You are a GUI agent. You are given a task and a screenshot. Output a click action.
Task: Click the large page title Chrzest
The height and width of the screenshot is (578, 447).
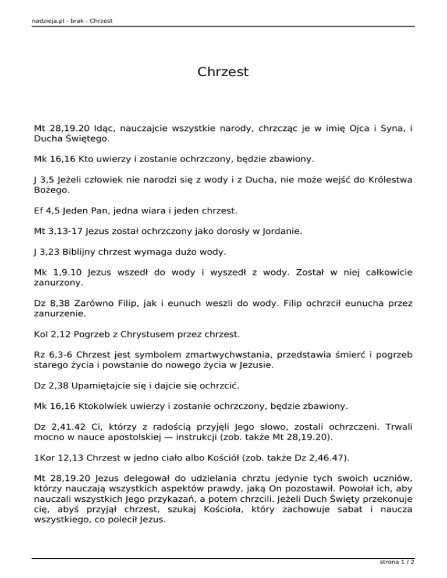pos(223,72)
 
